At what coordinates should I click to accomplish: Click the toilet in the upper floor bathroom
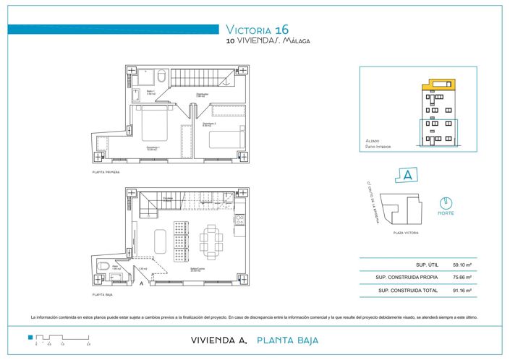(162, 76)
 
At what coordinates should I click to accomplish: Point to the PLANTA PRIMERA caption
(106, 173)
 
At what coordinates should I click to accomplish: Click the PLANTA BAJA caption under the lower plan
(103, 295)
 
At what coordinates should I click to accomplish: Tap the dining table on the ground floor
(212, 241)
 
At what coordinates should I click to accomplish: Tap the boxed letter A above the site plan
(407, 175)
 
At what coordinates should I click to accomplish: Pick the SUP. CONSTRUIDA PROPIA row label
(403, 277)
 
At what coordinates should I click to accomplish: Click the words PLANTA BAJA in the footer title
(287, 340)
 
